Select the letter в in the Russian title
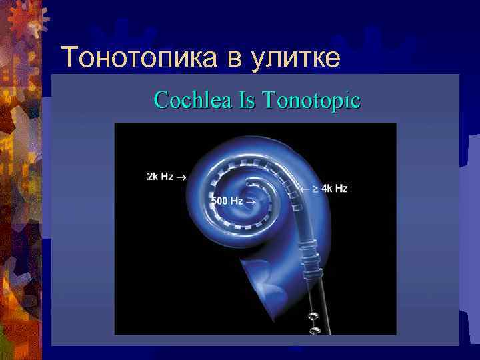pos(235,61)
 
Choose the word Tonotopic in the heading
pos(311,101)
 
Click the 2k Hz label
pos(160,177)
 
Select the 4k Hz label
pos(335,189)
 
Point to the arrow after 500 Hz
pos(251,200)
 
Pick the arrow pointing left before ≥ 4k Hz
pos(303,189)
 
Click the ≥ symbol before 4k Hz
pos(315,189)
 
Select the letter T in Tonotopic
pos(268,101)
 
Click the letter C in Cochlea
pos(159,101)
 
